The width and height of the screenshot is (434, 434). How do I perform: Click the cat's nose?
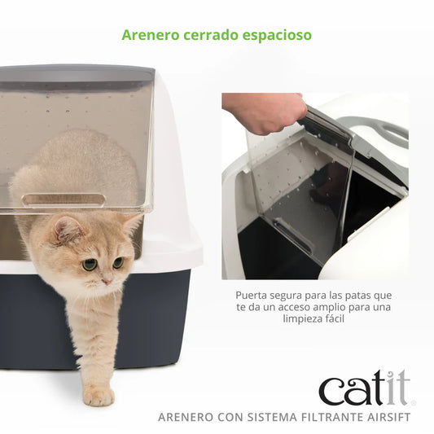pyautogui.click(x=104, y=279)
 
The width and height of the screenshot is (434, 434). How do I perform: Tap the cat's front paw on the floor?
pyautogui.click(x=99, y=396)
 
